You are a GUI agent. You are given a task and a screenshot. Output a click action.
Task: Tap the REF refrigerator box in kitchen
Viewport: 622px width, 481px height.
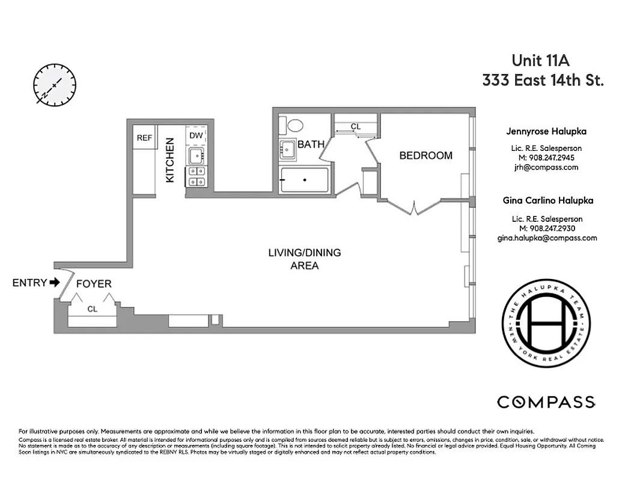tap(144, 138)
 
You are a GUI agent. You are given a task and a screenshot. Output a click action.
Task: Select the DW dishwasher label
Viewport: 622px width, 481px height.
tap(196, 135)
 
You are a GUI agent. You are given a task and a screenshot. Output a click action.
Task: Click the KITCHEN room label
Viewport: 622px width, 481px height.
tap(170, 161)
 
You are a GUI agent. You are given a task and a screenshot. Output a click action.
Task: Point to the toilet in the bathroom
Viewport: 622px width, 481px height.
tap(294, 126)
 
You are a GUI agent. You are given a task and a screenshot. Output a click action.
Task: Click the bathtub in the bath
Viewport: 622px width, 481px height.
tap(305, 180)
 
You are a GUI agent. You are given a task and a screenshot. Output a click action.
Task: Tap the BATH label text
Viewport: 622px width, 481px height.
tap(311, 144)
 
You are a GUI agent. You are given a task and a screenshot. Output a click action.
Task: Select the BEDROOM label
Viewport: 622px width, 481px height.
tap(426, 156)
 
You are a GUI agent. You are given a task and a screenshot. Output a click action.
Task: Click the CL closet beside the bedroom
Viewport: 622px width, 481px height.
tap(356, 127)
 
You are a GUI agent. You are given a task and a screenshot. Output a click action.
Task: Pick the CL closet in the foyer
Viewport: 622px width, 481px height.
tap(93, 309)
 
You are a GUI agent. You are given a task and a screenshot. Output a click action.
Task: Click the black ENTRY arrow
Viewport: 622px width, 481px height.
tap(55, 282)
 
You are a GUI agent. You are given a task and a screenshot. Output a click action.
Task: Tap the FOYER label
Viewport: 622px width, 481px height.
tap(93, 284)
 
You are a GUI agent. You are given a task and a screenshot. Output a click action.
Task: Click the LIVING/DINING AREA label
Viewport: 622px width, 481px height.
tap(304, 259)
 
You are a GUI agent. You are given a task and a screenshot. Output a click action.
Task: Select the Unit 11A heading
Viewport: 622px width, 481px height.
tap(540, 60)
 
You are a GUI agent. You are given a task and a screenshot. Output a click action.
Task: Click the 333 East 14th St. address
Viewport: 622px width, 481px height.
tap(542, 81)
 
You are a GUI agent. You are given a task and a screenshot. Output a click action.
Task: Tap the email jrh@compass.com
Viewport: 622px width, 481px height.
tap(546, 168)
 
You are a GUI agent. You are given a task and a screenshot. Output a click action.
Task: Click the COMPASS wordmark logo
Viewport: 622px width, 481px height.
tap(546, 402)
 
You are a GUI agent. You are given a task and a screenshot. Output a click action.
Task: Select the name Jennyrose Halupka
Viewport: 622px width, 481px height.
tap(546, 131)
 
